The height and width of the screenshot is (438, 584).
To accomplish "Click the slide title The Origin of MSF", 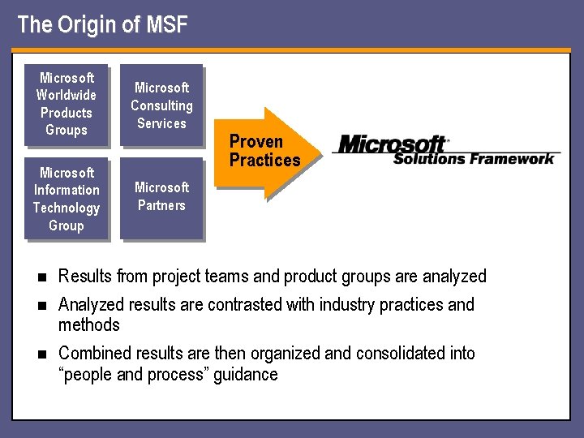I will [102, 25].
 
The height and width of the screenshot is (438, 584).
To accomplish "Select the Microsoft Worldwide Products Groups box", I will [66, 104].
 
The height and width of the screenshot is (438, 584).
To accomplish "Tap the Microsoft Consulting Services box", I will [161, 105].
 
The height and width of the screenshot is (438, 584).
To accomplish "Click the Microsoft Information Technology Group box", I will [66, 199].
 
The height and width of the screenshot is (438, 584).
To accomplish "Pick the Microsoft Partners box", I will [161, 197].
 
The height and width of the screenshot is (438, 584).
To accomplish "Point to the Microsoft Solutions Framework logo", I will [446, 150].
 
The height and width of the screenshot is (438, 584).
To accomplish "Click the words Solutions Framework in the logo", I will [474, 158].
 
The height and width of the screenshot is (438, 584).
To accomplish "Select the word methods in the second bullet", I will [88, 325].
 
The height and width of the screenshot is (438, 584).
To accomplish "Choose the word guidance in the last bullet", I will [246, 375].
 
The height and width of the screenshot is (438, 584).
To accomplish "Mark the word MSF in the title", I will [166, 25].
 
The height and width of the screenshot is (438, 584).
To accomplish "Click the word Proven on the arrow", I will [256, 142].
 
